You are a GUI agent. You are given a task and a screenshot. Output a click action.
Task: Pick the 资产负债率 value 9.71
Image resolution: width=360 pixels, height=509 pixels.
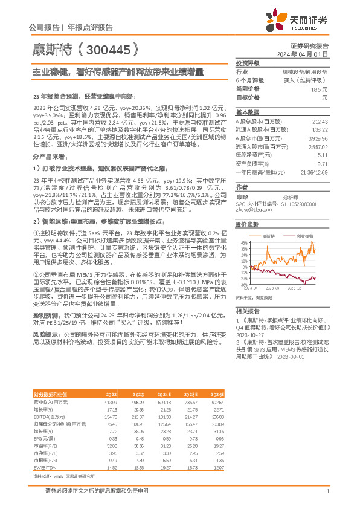pyautogui.click(x=322, y=164)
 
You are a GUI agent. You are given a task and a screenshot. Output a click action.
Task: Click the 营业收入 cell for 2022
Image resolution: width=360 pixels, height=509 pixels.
pyautogui.click(x=109, y=384)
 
